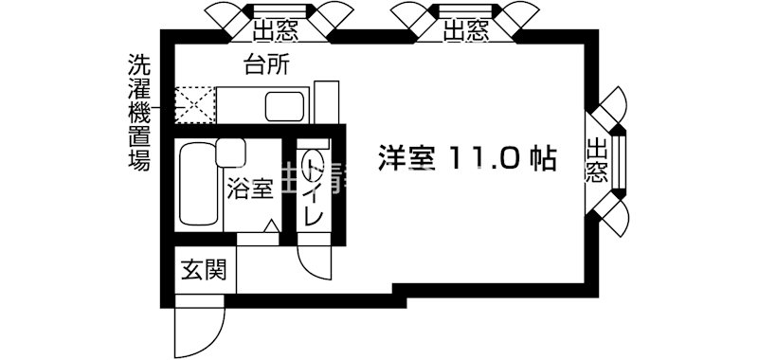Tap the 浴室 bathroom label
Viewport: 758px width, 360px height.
point(250,187)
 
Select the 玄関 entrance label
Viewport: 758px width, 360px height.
point(204,271)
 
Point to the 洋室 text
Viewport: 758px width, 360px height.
point(408,157)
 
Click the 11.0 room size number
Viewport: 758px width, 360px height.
point(483,157)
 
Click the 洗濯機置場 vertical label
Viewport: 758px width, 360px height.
point(139,111)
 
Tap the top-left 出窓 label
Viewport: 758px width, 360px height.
point(276,31)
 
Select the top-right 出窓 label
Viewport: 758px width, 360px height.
point(466,31)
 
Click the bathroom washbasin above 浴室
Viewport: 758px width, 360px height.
point(230,153)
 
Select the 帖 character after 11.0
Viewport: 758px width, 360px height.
point(540,157)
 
